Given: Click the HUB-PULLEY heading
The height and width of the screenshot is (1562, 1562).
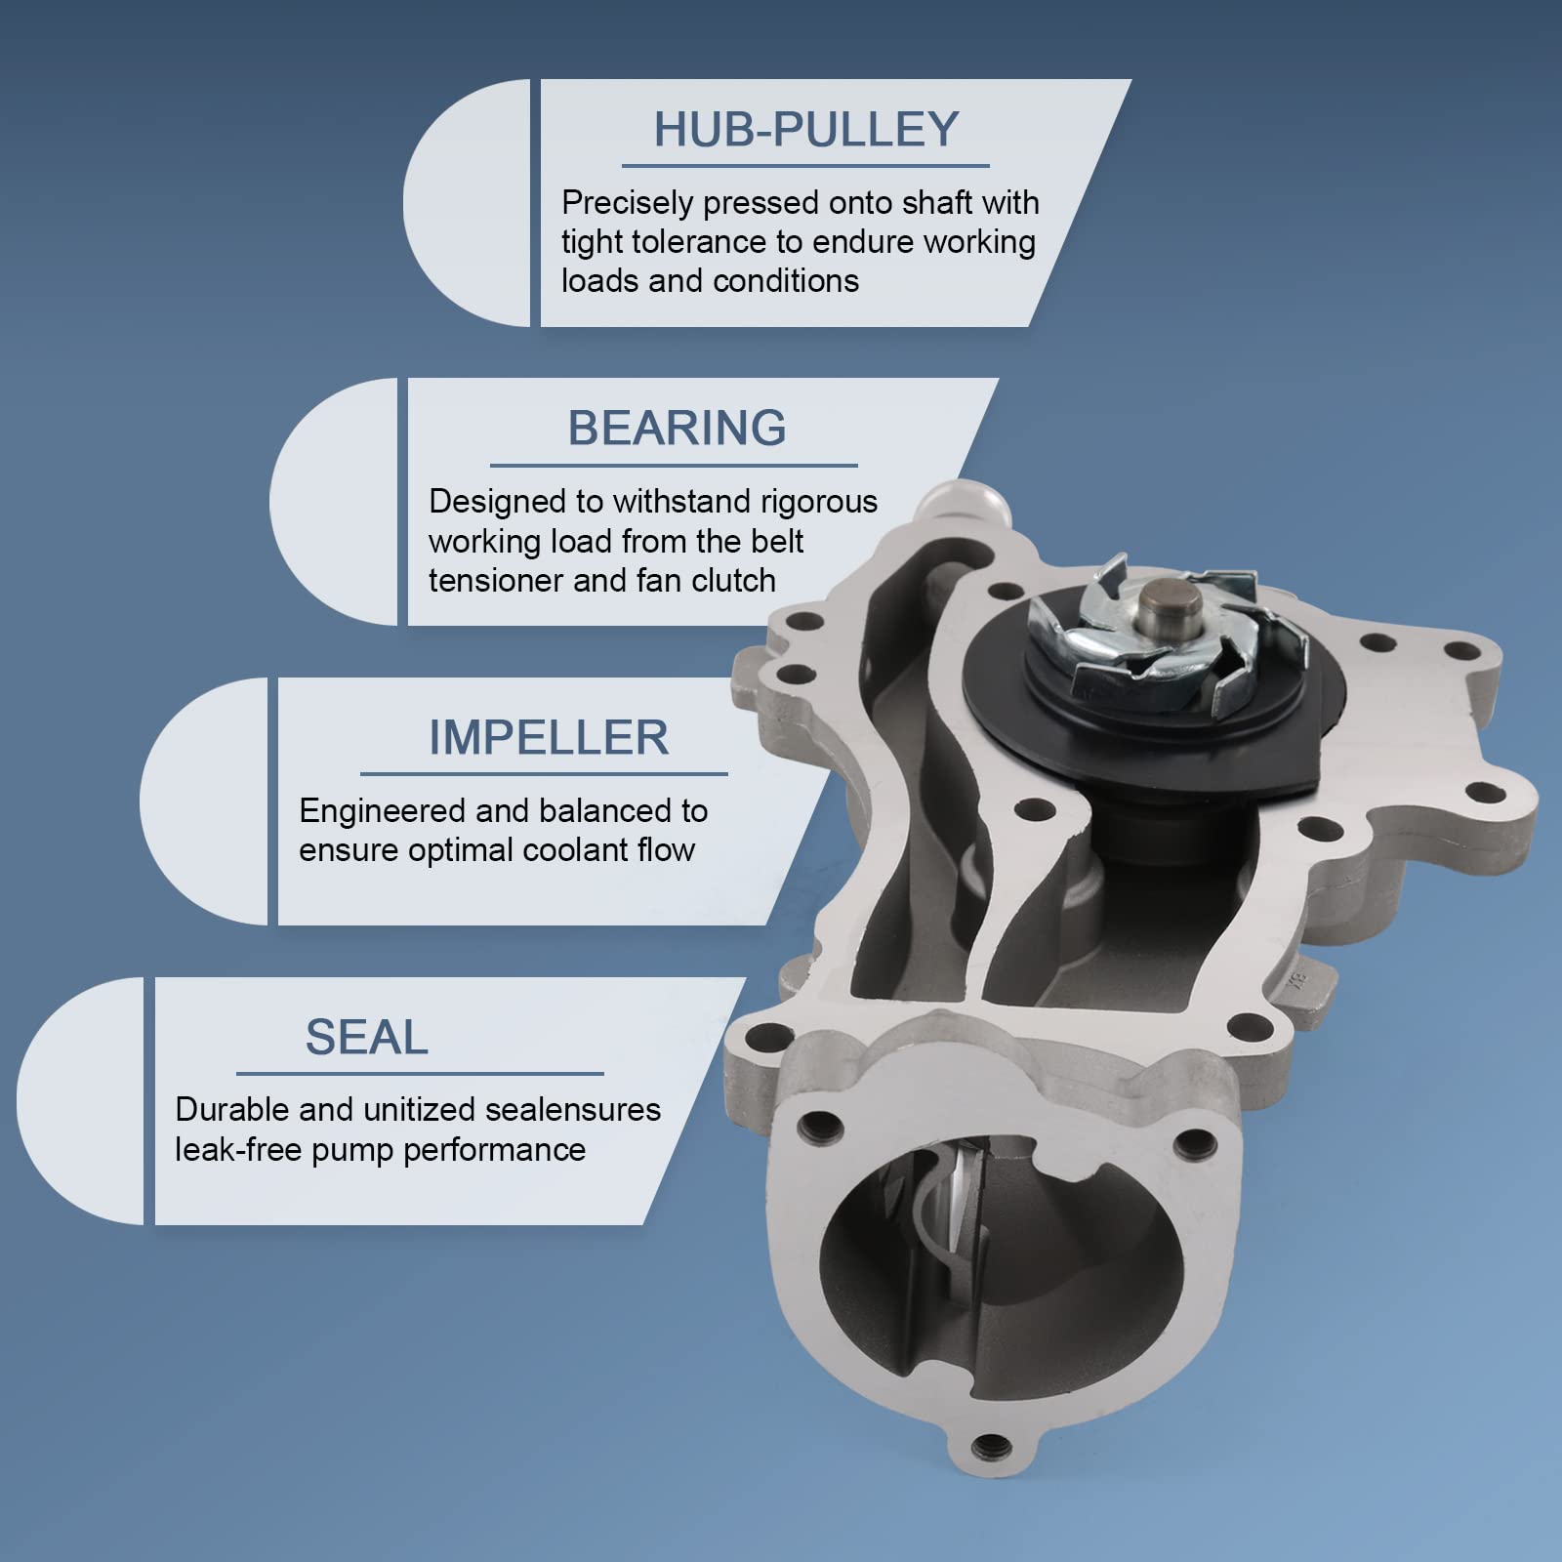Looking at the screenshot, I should (805, 130).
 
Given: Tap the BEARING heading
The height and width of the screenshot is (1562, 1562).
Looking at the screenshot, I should (677, 429).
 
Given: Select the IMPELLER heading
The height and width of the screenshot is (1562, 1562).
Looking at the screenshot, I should (549, 738).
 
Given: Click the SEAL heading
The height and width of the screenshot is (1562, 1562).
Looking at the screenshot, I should (367, 1038).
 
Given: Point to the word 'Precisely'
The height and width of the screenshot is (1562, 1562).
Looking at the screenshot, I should (628, 203).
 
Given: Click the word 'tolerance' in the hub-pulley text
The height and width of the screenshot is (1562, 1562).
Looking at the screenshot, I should (698, 242).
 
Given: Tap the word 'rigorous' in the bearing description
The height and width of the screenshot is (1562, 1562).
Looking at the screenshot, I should (819, 502).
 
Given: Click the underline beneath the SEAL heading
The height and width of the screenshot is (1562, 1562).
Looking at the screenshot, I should (420, 1074).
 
